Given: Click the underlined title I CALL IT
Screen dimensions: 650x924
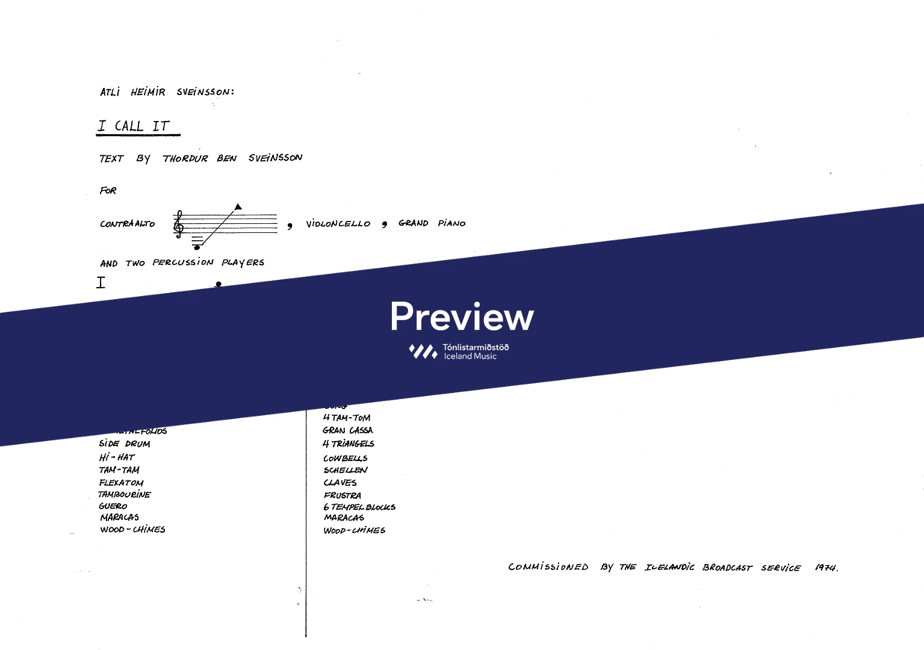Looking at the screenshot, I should pos(136,126).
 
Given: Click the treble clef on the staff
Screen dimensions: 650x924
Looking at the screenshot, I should pos(178,224).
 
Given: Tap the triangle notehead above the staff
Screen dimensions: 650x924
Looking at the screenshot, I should pos(238,206).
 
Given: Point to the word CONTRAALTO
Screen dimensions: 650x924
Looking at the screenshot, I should pos(128,224).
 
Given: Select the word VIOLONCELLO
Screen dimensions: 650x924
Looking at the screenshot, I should pos(338,224).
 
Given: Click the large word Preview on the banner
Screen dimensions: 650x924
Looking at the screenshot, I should pos(462,317).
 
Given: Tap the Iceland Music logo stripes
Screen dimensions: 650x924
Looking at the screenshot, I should pos(423,351).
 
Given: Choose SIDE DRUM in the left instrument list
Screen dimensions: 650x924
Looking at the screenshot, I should pos(125,444).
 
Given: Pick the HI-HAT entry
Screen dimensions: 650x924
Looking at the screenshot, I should pos(117,457).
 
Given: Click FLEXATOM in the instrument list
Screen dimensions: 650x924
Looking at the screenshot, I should pos(122,483).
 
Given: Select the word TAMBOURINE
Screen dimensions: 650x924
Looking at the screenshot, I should pos(125,495).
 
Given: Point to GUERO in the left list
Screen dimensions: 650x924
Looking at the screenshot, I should pos(113,506).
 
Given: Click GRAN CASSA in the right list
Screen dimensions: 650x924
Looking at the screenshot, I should pos(348,430).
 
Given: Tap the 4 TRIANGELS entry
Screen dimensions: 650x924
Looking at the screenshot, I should pos(349,444).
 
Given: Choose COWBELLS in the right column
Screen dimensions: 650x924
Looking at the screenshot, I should pos(346,459).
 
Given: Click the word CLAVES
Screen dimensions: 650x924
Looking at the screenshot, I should pos(340,483).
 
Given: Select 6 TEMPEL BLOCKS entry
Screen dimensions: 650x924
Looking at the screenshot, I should pos(359,507).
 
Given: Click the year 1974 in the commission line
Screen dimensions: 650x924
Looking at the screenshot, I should pos(826,568).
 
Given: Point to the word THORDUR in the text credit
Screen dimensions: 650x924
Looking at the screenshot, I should pos(185,159).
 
